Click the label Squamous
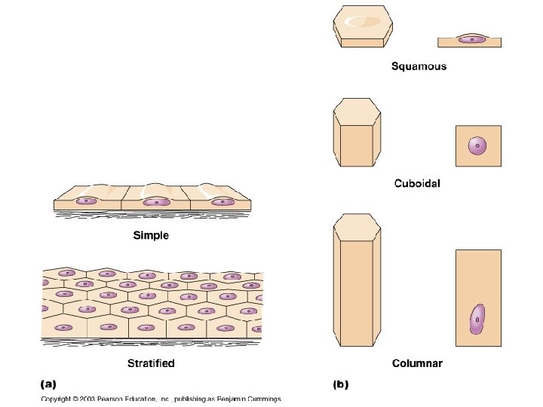tap(419, 66)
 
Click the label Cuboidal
tap(417, 183)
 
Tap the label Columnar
tap(417, 364)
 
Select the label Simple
tap(151, 236)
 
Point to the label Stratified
tap(151, 363)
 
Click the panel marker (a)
tap(48, 384)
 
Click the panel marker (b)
tap(341, 384)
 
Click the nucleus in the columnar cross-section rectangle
tap(477, 320)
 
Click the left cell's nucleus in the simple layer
tap(88, 201)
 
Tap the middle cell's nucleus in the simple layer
tap(157, 201)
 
